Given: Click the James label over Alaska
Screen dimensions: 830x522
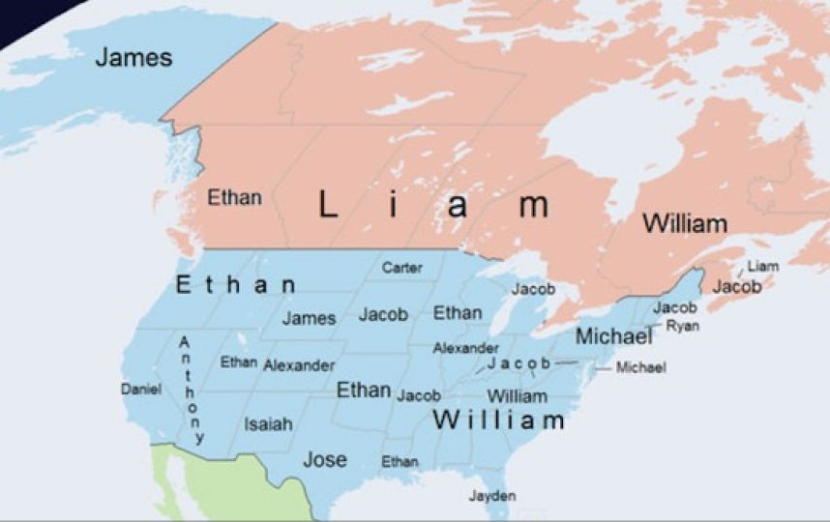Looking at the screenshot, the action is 133,57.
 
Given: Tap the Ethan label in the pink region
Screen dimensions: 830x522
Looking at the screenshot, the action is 234,198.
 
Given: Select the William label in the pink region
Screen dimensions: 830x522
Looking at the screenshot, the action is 685,224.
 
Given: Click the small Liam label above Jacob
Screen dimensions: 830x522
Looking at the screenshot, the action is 762,267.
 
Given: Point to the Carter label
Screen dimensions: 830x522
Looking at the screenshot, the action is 401,268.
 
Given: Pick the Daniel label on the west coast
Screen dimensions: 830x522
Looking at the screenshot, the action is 140,389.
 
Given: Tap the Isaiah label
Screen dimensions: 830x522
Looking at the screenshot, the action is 268,424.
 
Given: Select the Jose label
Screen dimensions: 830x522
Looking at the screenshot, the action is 325,460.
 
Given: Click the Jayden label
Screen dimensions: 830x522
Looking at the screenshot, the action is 492,496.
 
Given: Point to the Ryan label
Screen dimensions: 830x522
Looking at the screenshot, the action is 683,326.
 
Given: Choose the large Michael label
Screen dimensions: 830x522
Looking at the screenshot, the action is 614,337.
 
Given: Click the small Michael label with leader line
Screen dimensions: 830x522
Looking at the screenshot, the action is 640,367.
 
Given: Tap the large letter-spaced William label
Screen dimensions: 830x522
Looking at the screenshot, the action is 498,421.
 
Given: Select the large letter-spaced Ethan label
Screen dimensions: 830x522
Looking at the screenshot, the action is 236,285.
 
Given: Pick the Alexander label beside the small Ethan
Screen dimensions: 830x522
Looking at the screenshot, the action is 299,365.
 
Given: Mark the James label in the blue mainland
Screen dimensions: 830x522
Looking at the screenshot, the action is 310,317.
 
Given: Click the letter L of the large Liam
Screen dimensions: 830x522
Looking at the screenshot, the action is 328,205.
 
